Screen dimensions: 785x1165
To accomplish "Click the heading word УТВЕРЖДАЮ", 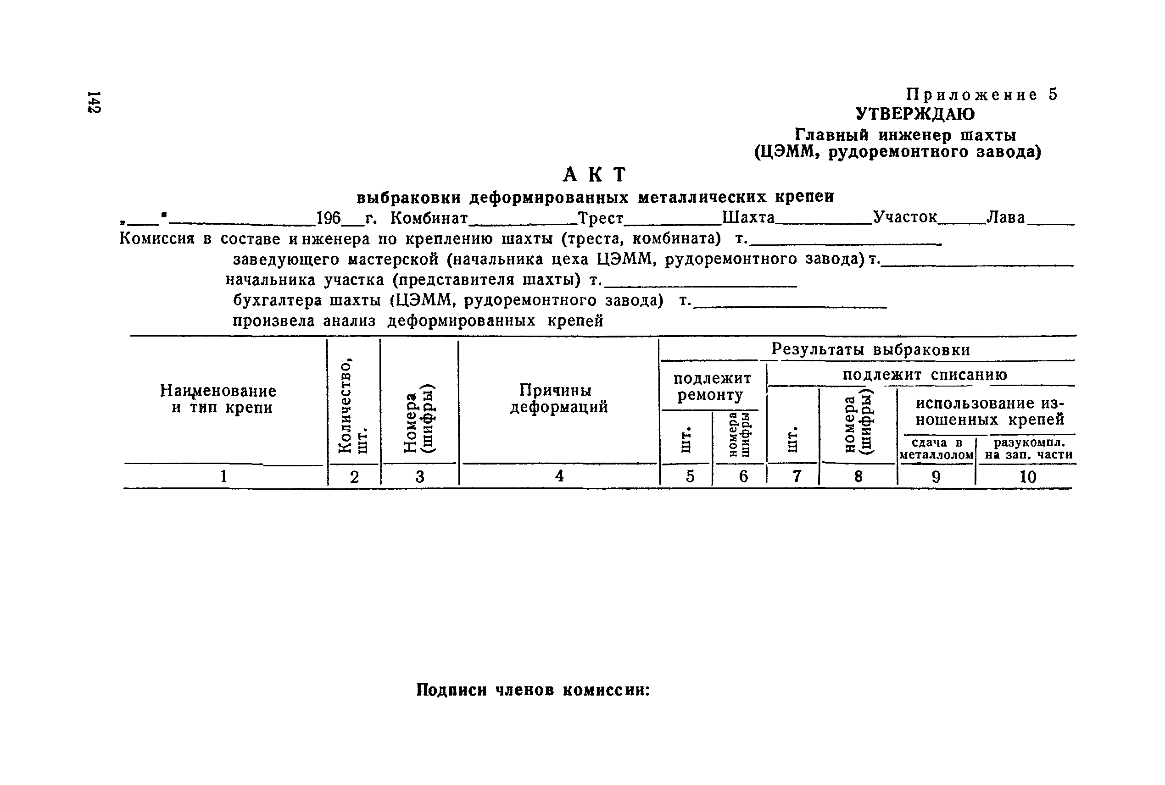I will click(x=915, y=115).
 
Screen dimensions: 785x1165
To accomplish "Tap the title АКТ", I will click(x=595, y=175).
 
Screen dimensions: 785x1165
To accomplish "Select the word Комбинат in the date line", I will click(x=429, y=218).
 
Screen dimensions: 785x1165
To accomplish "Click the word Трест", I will click(x=601, y=218).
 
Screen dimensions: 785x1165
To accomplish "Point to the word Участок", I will click(x=905, y=217).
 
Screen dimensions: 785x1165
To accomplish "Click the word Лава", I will click(x=1006, y=218).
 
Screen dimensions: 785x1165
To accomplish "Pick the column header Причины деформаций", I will click(x=558, y=398).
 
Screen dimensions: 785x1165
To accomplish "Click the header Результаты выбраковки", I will click(x=870, y=349).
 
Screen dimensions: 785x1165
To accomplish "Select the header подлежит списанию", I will click(x=925, y=375).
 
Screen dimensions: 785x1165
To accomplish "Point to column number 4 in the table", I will click(x=559, y=476).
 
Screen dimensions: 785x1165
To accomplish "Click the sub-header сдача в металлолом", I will click(x=936, y=449).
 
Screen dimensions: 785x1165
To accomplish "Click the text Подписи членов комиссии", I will click(x=533, y=691).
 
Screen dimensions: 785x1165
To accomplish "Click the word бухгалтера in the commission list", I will click(x=277, y=301).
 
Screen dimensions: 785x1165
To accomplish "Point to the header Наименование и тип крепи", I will click(x=218, y=399).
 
